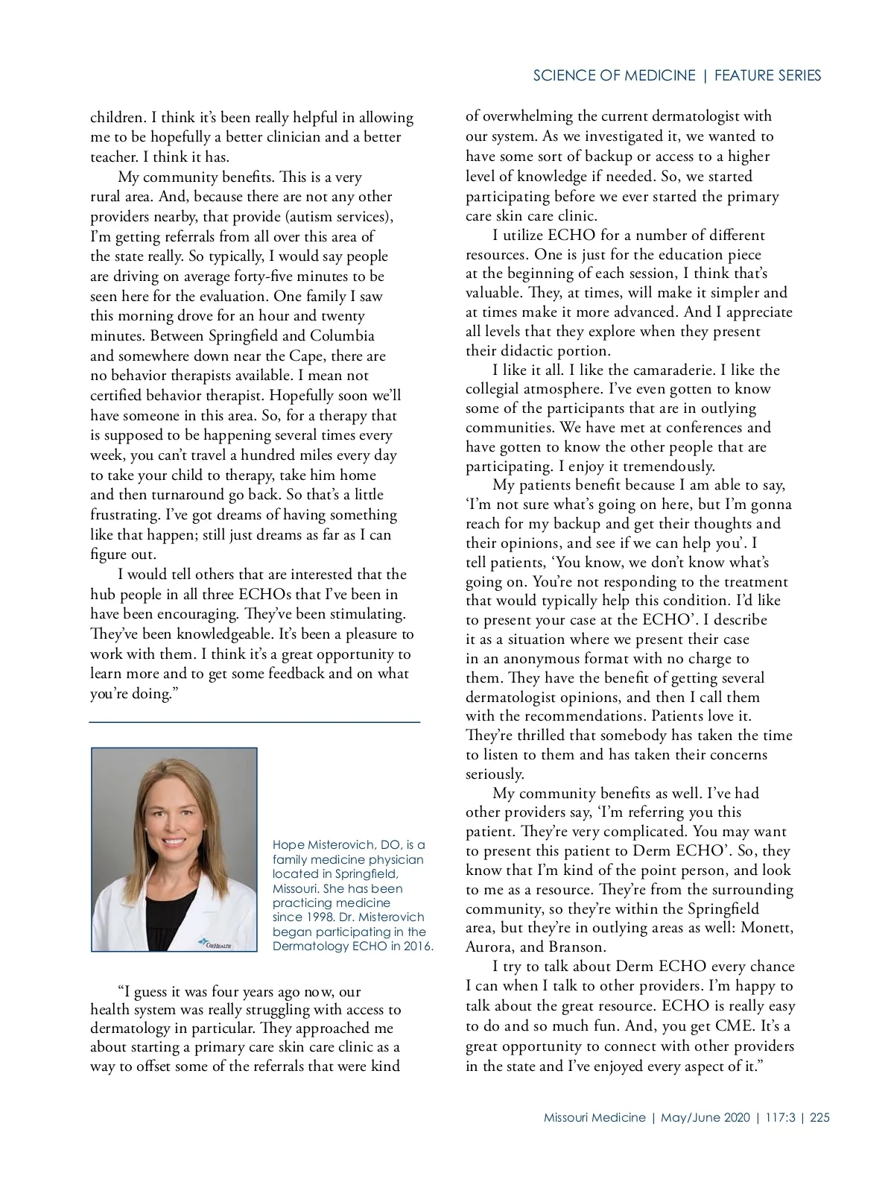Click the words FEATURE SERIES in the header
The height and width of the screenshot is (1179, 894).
click(x=767, y=75)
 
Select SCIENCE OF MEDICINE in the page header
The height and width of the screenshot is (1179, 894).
click(x=614, y=75)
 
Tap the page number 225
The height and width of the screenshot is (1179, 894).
click(x=819, y=1117)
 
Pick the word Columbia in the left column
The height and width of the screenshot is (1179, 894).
click(x=342, y=335)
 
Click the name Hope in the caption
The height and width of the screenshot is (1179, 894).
click(x=288, y=845)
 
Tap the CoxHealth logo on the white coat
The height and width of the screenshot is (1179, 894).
click(x=215, y=943)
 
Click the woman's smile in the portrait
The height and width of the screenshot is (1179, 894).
click(x=174, y=841)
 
